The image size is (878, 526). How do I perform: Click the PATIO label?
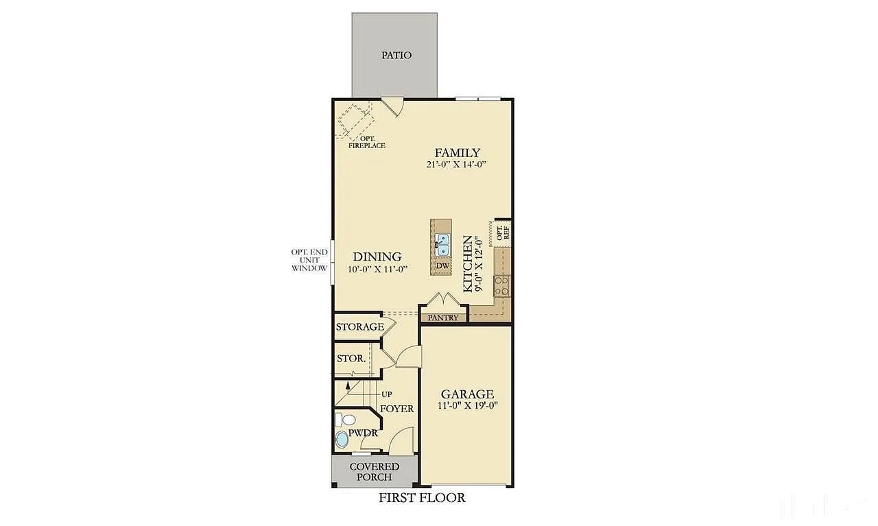point(396,55)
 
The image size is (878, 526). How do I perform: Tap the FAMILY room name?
point(457,153)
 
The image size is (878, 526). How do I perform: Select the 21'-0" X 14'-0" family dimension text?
point(456,165)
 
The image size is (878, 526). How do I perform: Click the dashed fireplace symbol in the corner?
point(354,119)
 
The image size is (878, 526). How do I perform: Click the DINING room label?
point(377,256)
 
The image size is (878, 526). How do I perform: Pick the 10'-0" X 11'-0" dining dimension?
point(377,269)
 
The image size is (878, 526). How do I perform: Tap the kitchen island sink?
point(442,241)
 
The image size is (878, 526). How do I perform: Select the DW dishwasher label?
point(442,266)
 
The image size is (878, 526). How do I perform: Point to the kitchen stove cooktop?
point(503,285)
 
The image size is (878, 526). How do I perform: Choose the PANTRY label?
point(443,318)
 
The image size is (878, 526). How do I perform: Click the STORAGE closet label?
point(359,327)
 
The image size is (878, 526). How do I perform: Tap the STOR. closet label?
point(351,359)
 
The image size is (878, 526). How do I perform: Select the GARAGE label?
point(466,394)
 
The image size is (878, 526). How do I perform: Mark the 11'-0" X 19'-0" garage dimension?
point(466,406)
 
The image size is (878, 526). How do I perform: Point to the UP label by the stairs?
point(386,394)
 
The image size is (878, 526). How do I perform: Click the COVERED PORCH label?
point(375,472)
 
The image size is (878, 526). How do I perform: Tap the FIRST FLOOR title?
point(422,498)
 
